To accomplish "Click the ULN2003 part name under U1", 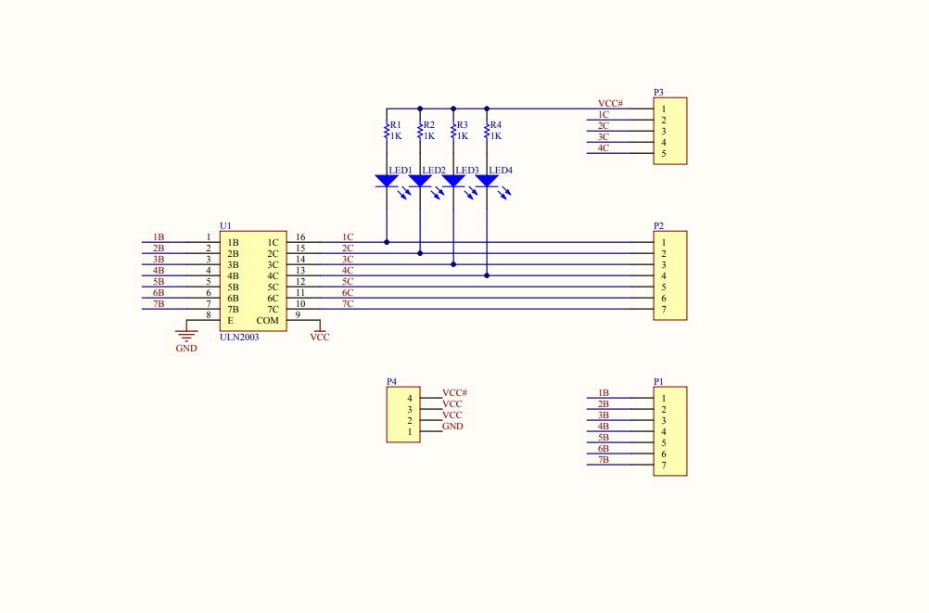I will click(239, 338).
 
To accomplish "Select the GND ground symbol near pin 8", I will click(186, 335).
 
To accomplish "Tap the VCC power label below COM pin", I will click(320, 338).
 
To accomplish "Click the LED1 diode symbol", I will click(387, 181).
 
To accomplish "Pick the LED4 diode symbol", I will click(487, 181).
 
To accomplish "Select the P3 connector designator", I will click(658, 93).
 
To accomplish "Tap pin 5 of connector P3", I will click(663, 153).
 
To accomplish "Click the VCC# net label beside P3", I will click(610, 103).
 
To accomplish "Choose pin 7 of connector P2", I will click(663, 309).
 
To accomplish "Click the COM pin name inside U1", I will click(267, 321).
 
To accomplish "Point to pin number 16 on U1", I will click(300, 237).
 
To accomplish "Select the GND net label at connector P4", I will click(452, 427).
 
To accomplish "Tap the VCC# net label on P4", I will click(454, 393).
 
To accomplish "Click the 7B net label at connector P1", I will click(603, 460).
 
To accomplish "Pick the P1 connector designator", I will click(658, 381).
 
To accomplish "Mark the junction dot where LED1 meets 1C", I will click(387, 242).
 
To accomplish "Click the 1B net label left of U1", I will click(159, 237).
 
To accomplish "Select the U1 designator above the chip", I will click(225, 226).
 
